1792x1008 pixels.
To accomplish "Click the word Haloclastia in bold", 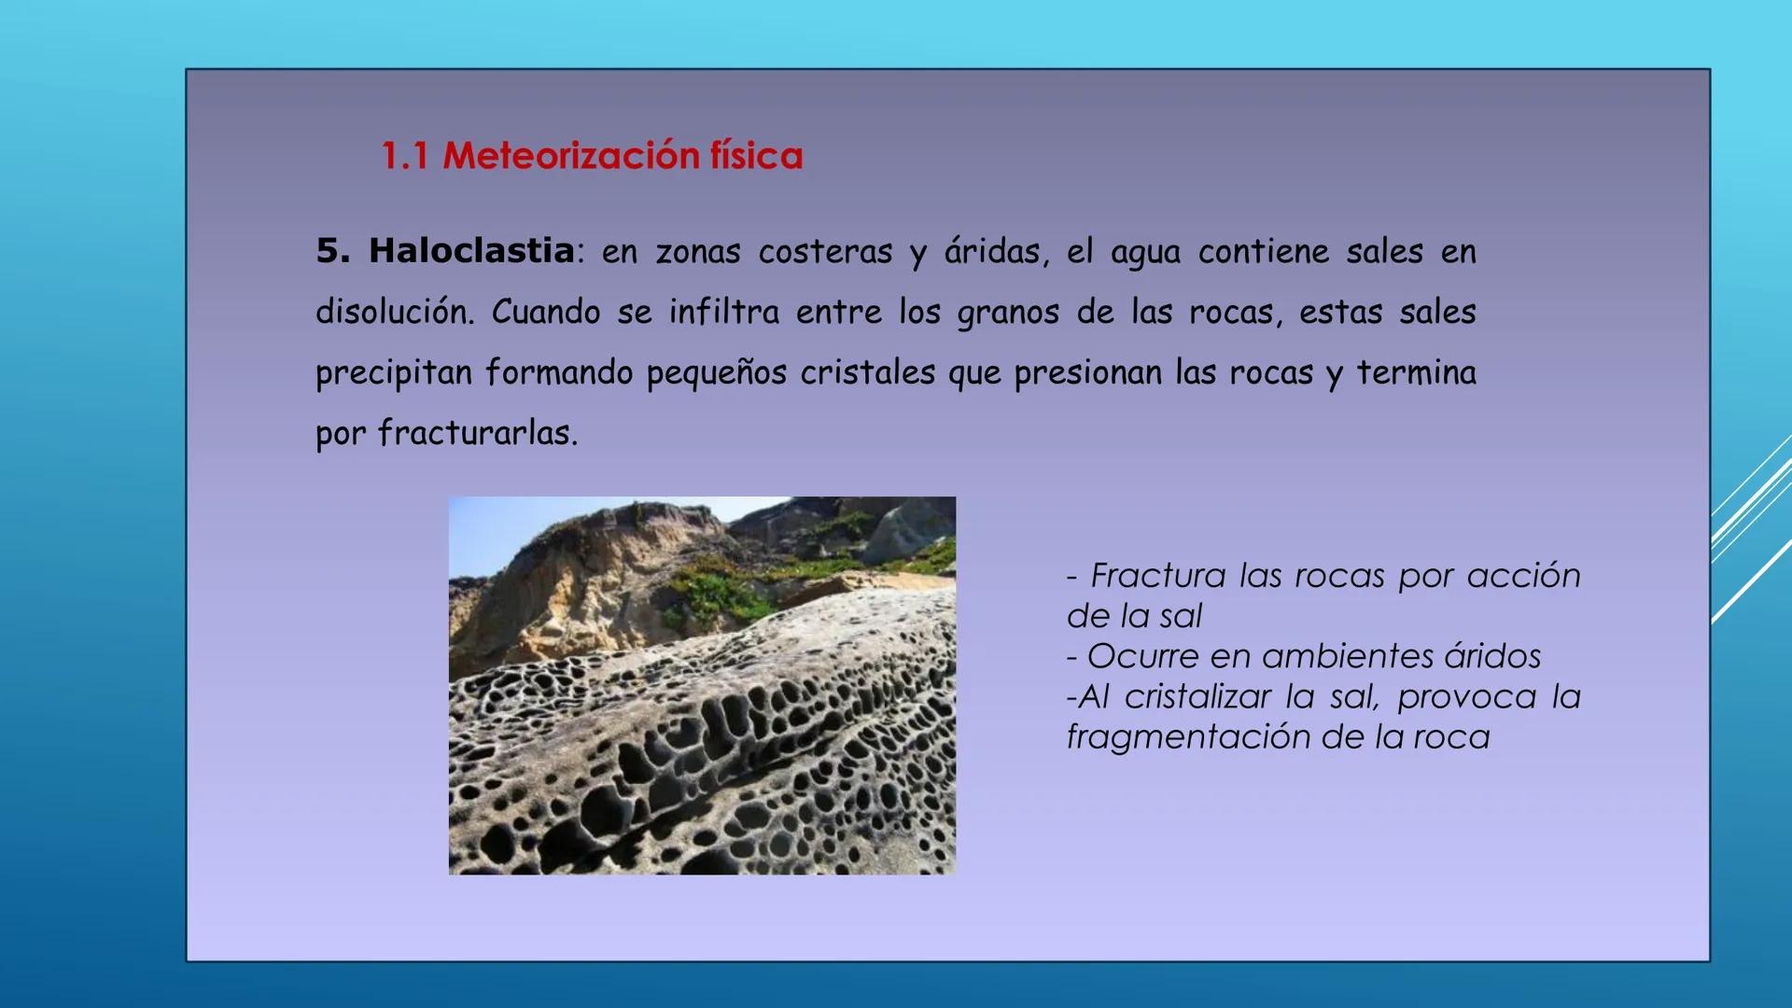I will (471, 251).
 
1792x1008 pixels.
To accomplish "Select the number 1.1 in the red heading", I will (405, 156).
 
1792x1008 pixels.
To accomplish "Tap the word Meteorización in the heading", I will (570, 156).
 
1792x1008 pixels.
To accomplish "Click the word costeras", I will (825, 252).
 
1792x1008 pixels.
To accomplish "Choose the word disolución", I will (395, 312).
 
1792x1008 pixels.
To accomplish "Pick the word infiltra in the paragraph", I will (723, 312).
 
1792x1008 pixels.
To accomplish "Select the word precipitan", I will (394, 373).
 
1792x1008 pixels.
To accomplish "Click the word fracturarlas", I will (478, 433).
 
